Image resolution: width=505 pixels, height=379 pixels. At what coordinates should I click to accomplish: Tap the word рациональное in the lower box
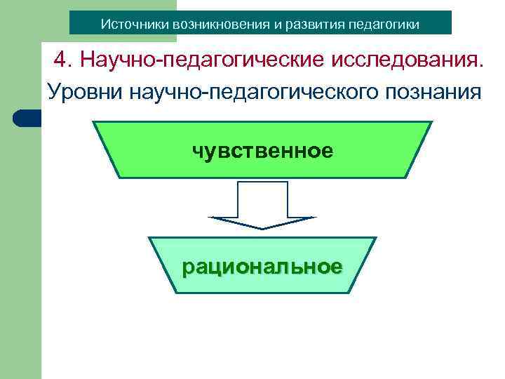(262, 267)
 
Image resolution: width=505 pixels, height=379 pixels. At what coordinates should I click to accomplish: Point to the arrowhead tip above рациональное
(262, 228)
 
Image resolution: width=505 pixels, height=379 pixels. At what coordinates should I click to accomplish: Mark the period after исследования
(481, 67)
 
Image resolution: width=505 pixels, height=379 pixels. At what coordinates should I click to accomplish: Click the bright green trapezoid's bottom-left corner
(119, 177)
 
